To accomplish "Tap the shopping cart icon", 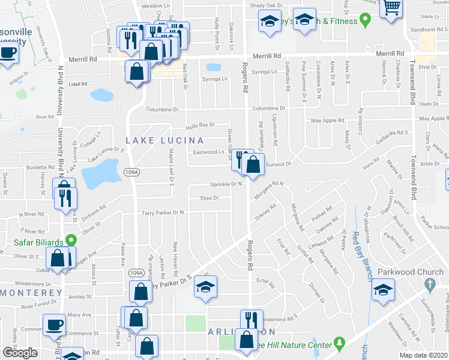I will [x=391, y=8].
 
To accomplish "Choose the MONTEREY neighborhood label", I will [x=31, y=292].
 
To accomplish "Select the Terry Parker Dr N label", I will [x=162, y=212].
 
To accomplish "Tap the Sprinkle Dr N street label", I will [x=225, y=184].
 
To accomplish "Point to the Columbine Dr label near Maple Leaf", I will [x=163, y=110].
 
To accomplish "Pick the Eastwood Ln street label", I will [x=208, y=152].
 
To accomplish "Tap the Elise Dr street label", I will [x=209, y=197].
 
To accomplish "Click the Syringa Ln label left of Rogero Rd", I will [x=215, y=79].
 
